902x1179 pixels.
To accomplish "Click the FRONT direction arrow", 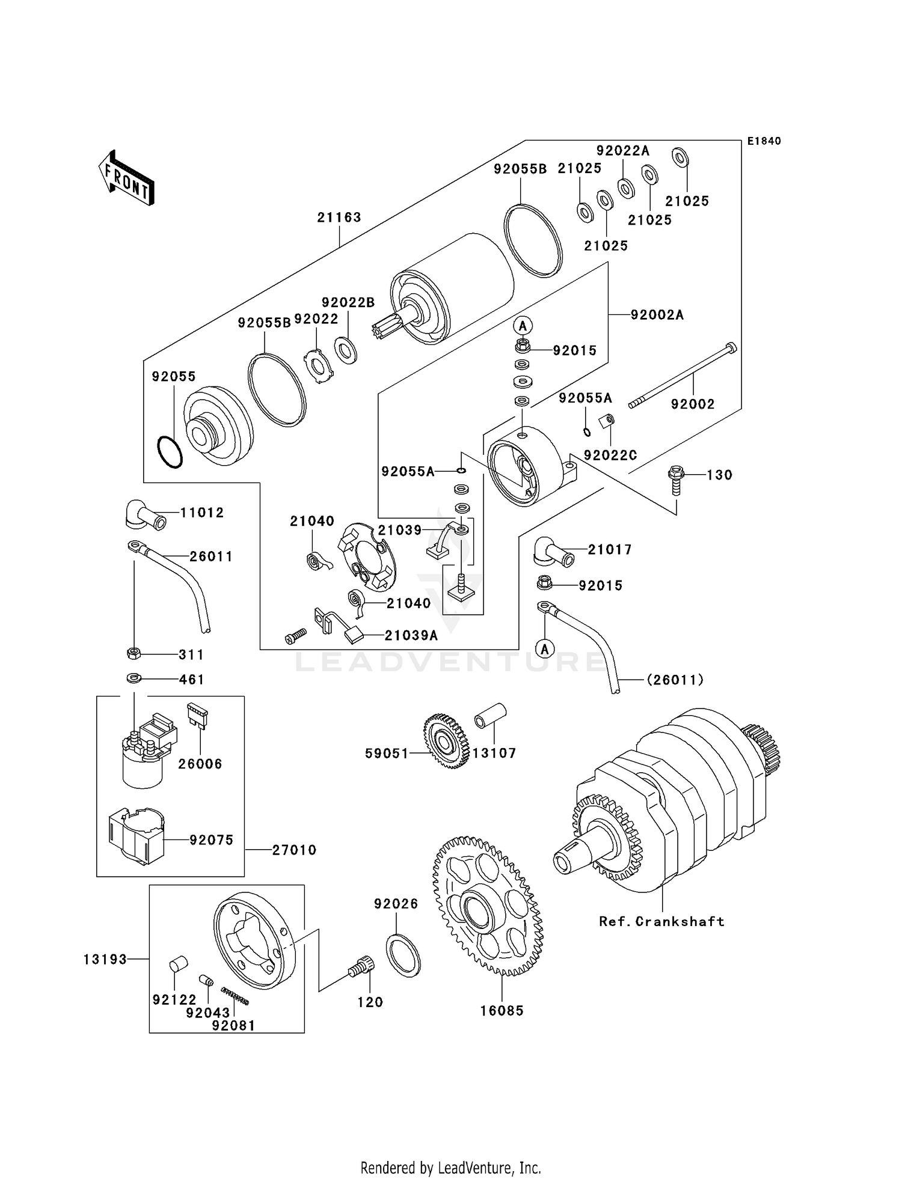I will point(126,178).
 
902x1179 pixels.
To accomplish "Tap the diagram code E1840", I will point(764,141).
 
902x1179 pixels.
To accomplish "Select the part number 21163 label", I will point(339,217).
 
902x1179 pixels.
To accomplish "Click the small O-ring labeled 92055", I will point(170,452).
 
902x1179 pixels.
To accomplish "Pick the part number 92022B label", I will point(348,302).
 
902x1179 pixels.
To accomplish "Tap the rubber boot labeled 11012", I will point(145,514).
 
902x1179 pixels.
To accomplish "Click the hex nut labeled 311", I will point(134,653).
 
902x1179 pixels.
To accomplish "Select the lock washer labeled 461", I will point(134,678).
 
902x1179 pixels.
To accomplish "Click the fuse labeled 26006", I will point(197,715).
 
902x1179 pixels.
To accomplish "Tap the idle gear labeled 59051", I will point(447,740).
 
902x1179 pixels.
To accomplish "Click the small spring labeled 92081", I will point(235,996).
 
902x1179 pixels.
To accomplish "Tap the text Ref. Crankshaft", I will point(661,921).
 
